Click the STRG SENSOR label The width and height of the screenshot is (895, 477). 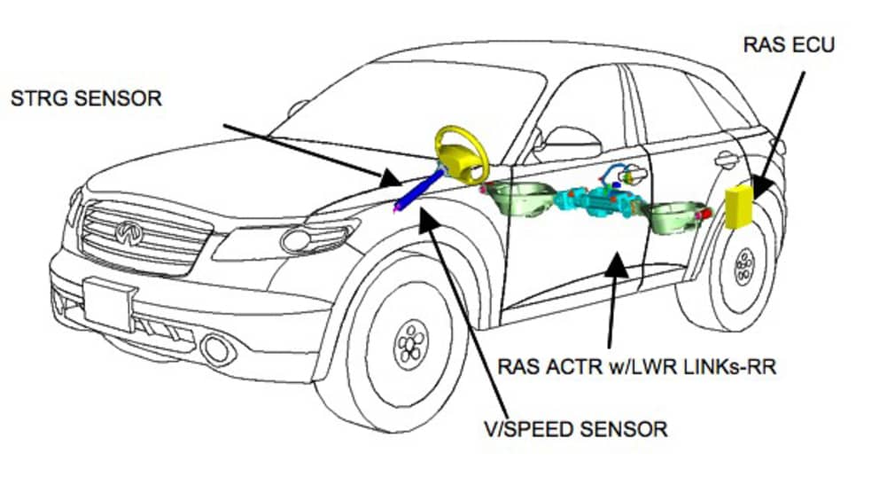click(86, 98)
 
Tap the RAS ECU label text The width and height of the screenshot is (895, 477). click(790, 43)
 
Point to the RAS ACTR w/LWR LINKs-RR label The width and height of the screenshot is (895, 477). click(636, 365)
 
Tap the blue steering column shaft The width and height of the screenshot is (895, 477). click(421, 191)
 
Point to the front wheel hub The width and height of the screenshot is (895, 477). click(410, 340)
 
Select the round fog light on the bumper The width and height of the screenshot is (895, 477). click(216, 348)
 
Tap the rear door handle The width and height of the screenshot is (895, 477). click(727, 160)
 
